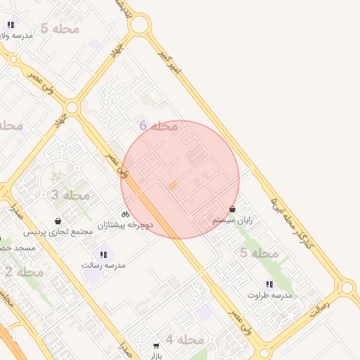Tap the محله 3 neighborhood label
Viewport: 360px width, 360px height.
[70, 195]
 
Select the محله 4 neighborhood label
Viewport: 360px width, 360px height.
[184, 340]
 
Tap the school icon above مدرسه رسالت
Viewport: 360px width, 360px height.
[103, 254]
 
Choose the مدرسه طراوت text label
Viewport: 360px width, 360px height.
[269, 295]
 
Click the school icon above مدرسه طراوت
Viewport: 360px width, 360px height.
[269, 284]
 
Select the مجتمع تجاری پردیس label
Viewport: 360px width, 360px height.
[58, 232]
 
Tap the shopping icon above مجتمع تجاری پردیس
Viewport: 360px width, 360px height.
[58, 221]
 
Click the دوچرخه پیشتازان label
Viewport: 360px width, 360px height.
[125, 225]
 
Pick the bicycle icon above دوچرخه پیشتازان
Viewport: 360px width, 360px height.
[125, 214]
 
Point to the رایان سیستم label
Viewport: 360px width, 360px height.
[233, 220]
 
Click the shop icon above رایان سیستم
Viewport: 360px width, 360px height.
[233, 209]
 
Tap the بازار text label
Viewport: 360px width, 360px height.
[156, 356]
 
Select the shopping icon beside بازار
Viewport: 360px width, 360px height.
[156, 345]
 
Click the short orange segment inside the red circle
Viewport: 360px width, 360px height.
[172, 186]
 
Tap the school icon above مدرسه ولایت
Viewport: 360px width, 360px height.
[11, 25]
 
